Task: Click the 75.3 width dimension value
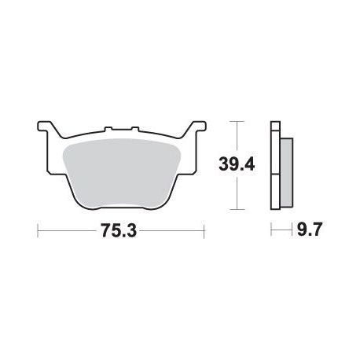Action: point(119,231)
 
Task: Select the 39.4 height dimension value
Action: point(237,165)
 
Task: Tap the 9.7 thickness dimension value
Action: point(309,230)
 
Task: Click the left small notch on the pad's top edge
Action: point(108,129)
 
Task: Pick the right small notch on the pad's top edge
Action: point(134,129)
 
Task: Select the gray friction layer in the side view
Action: point(287,172)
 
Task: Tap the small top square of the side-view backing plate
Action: point(275,126)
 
